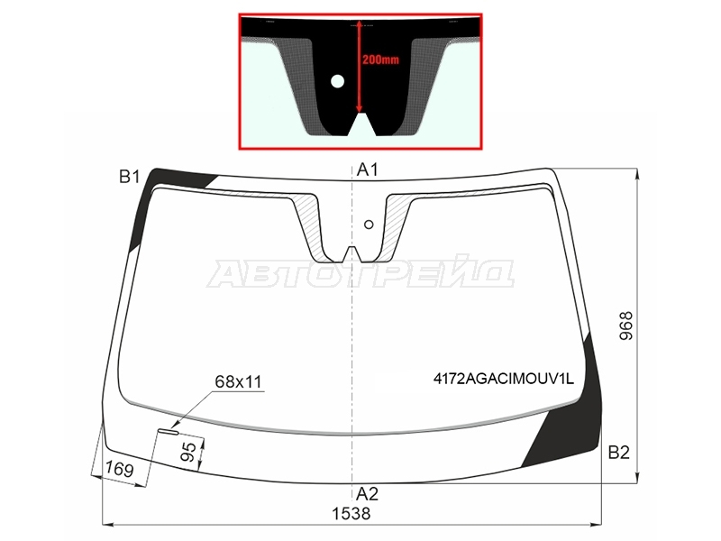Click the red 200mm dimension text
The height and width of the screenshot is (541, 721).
click(380, 60)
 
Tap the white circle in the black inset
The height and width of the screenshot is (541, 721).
click(337, 81)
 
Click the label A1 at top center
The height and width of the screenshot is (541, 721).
click(368, 170)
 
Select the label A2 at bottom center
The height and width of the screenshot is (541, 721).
click(368, 493)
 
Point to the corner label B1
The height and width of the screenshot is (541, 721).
click(129, 177)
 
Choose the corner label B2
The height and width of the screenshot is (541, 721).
click(618, 453)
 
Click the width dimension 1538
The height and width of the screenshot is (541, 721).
click(351, 513)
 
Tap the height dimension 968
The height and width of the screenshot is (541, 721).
click(625, 326)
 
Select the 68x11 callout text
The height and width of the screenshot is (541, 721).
click(238, 381)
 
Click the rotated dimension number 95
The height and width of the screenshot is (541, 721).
click(188, 453)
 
